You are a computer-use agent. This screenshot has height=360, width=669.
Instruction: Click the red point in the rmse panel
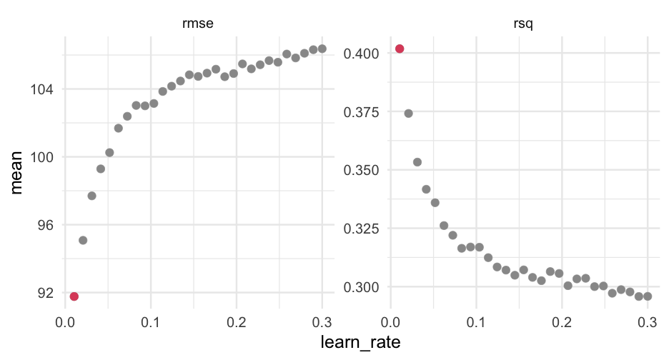(74, 296)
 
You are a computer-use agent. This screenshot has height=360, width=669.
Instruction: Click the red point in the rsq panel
(400, 49)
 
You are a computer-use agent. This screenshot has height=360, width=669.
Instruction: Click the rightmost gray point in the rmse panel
(322, 49)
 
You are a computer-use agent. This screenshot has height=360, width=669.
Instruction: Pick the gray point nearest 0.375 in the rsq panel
(408, 113)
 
